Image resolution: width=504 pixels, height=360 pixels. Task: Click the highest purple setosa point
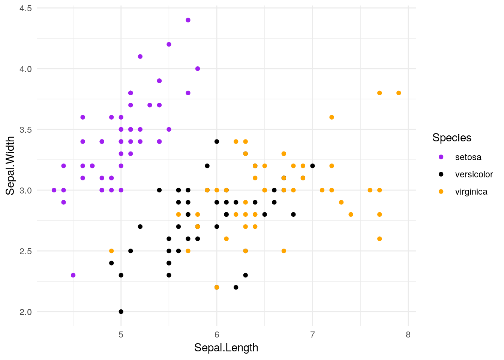pyautogui.click(x=188, y=20)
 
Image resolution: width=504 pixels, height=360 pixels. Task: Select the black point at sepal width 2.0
pyautogui.click(x=121, y=312)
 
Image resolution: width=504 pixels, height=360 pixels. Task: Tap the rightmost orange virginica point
pyautogui.click(x=399, y=93)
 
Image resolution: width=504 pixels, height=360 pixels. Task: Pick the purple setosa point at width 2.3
pyautogui.click(x=73, y=275)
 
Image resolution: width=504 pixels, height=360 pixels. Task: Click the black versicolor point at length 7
pyautogui.click(x=312, y=166)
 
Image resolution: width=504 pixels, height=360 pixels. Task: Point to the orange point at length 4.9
pyautogui.click(x=111, y=251)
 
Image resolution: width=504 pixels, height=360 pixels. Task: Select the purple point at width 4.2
pyautogui.click(x=169, y=44)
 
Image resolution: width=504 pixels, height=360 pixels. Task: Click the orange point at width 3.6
pyautogui.click(x=331, y=117)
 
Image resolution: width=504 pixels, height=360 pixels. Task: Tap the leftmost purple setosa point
pyautogui.click(x=54, y=190)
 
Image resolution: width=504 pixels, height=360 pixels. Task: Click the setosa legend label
pyautogui.click(x=468, y=157)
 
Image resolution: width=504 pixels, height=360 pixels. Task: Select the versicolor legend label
pyautogui.click(x=474, y=174)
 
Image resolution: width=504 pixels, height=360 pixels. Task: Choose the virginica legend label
pyautogui.click(x=471, y=192)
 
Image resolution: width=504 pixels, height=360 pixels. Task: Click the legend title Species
pyautogui.click(x=451, y=138)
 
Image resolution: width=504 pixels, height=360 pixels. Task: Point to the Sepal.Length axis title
pyautogui.click(x=226, y=348)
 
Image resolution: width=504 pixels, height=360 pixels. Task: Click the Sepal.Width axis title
pyautogui.click(x=10, y=165)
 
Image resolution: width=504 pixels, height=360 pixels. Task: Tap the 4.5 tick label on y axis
pyautogui.click(x=25, y=8)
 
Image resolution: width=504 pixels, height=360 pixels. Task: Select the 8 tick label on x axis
pyautogui.click(x=408, y=334)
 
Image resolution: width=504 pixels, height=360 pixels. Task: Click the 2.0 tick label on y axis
pyautogui.click(x=25, y=312)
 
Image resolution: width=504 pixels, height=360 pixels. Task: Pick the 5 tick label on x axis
pyautogui.click(x=121, y=334)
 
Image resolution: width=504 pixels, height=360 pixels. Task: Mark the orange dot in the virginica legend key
pyautogui.click(x=441, y=192)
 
